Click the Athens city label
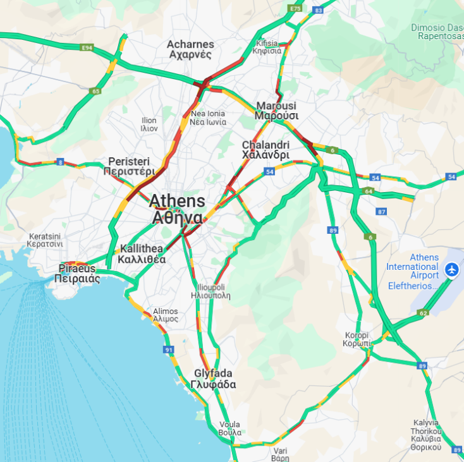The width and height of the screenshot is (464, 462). pyautogui.click(x=177, y=209)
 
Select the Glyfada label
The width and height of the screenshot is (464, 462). pyautogui.click(x=213, y=379)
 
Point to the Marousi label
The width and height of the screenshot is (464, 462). pyautogui.click(x=276, y=111)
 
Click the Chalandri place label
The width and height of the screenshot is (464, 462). pyautogui.click(x=266, y=150)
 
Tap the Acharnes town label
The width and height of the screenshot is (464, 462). pyautogui.click(x=190, y=49)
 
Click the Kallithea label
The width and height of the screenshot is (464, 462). pyautogui.click(x=142, y=253)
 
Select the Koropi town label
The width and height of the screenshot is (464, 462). pyautogui.click(x=357, y=339)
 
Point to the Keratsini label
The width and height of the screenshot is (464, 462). pyautogui.click(x=46, y=240)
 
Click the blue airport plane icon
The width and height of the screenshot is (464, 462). pyautogui.click(x=452, y=270)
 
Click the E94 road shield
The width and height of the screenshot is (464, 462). pyautogui.click(x=87, y=47)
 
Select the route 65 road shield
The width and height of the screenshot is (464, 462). pyautogui.click(x=95, y=91)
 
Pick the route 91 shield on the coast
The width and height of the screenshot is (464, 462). pyautogui.click(x=168, y=350)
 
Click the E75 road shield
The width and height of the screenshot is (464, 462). pyautogui.click(x=295, y=8)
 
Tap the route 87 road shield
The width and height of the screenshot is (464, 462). pyautogui.click(x=381, y=212)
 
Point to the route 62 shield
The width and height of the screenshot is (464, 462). pyautogui.click(x=423, y=313)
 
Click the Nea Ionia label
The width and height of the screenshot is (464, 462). pyautogui.click(x=208, y=118)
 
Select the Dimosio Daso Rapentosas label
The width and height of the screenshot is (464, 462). pyautogui.click(x=437, y=32)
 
